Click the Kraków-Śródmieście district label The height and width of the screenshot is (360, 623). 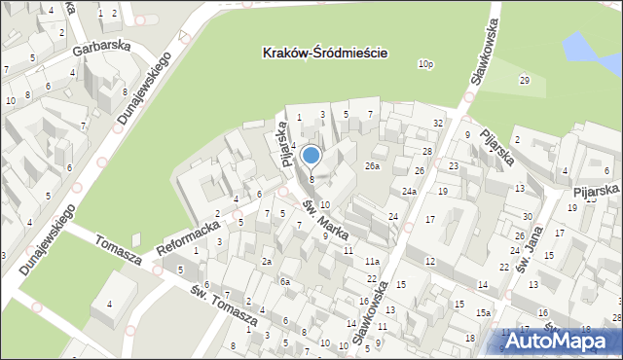(325, 54)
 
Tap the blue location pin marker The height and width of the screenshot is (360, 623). (311, 156)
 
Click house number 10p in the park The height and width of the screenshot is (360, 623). (425, 64)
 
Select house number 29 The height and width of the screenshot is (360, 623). (524, 80)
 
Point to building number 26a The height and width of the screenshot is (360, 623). (372, 166)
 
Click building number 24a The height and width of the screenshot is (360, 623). (409, 191)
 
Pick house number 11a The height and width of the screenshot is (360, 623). (372, 262)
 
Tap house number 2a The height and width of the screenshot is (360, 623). (266, 262)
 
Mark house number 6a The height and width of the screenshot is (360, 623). (285, 281)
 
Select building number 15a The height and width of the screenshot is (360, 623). (483, 312)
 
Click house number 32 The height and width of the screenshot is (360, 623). (438, 123)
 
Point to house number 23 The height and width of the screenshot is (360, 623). (454, 166)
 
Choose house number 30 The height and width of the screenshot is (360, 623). (527, 217)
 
